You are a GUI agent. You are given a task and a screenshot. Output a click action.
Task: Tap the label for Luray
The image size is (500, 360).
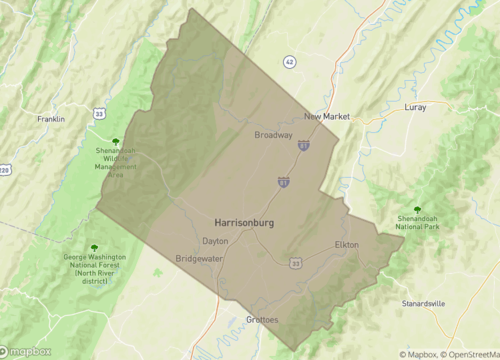pos(414,106)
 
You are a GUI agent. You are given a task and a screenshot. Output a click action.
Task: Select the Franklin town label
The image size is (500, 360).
pos(51,119)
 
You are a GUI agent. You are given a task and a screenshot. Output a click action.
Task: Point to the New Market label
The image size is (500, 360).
pos(327,116)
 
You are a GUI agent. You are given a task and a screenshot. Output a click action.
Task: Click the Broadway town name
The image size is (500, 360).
pos(273,135)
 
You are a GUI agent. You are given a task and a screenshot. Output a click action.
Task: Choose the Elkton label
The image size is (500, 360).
pos(346,244)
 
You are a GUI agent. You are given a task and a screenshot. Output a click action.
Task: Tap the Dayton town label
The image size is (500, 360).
pos(215,241)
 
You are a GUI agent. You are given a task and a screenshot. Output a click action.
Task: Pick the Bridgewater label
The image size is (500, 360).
pos(198,258)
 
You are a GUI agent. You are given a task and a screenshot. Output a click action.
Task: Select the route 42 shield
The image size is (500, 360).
pos(290,61)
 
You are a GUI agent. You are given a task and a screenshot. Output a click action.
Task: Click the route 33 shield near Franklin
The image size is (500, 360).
pos(99,114)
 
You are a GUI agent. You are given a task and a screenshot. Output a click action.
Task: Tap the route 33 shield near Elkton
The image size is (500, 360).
pos(295,263)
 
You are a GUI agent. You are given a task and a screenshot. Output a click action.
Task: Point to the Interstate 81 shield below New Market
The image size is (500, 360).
pos(303,146)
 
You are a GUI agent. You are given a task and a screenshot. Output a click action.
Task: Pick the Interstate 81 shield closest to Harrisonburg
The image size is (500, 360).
pos(285,181)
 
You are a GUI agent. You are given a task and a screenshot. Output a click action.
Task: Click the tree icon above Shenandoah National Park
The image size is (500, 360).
pos(417,210)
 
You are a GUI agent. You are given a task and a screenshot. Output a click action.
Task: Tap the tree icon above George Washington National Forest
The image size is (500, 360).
pos(94,248)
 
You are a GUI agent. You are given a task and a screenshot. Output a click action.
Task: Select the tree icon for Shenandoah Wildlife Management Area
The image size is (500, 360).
pos(116,142)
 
